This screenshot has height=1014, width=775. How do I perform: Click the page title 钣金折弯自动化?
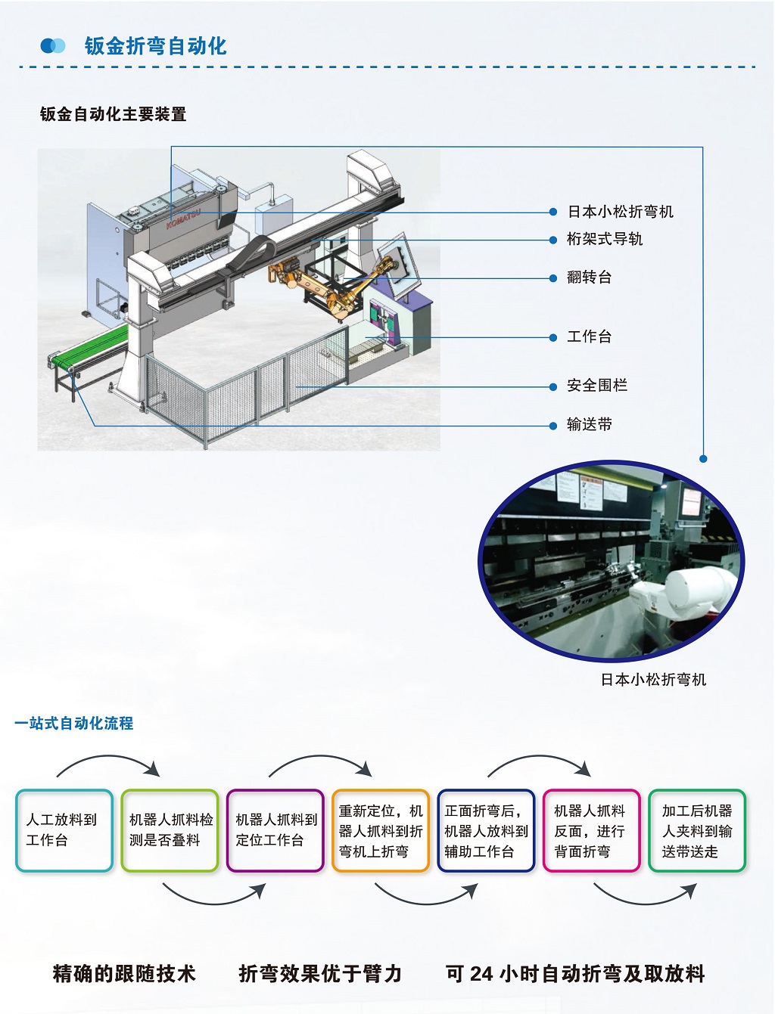[x=155, y=46]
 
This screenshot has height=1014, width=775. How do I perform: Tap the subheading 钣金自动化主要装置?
[x=113, y=114]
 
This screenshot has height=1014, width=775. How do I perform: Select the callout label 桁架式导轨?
[x=604, y=239]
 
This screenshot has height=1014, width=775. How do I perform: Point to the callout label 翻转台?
[x=589, y=278]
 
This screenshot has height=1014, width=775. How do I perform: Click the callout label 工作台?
[x=589, y=336]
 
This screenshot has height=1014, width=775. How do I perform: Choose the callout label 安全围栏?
[x=596, y=386]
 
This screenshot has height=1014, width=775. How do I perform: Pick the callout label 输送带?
[x=589, y=424]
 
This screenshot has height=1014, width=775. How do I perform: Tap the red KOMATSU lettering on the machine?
[x=182, y=215]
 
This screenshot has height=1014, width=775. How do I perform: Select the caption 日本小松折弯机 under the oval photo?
[x=653, y=680]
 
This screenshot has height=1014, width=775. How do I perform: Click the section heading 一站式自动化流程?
[x=74, y=724]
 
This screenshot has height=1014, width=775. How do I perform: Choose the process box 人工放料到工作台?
[x=64, y=830]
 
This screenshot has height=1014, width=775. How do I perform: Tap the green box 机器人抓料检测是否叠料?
[x=170, y=830]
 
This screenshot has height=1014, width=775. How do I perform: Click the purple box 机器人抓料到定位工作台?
[x=275, y=830]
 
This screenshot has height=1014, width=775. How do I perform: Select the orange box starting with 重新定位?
[x=381, y=830]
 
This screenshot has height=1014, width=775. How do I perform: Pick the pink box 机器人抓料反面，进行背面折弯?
[x=591, y=830]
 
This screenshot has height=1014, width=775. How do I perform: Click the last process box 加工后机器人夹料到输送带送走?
[x=697, y=830]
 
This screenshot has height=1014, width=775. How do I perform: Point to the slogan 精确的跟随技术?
[x=124, y=973]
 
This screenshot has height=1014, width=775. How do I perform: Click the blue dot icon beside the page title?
[x=53, y=46]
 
